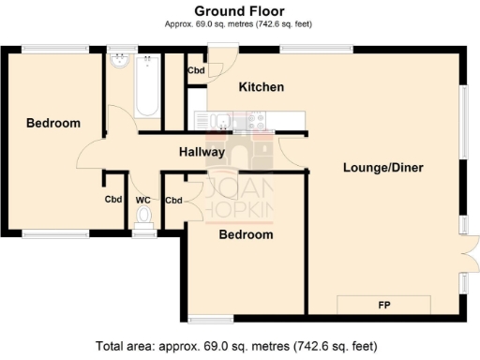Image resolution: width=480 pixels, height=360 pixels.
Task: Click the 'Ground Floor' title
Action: (x=239, y=10)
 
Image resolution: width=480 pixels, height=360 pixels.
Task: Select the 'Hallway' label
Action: (x=202, y=152)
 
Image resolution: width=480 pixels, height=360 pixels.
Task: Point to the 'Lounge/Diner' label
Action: (x=383, y=168)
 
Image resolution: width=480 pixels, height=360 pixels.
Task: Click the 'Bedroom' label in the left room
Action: (x=52, y=123)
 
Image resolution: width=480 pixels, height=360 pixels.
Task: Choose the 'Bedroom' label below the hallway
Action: (x=246, y=234)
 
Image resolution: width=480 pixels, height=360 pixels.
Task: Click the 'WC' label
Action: (x=142, y=200)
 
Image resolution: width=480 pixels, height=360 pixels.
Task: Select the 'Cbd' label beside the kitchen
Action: (x=196, y=70)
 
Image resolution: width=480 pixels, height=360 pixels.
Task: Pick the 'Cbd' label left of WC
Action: (x=112, y=200)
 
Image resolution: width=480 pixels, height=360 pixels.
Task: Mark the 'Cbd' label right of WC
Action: (x=173, y=200)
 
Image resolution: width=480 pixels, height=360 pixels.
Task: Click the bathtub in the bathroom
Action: (x=147, y=87)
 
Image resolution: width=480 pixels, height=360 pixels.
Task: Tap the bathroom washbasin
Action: (x=118, y=62)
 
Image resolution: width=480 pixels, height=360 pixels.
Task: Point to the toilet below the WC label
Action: (x=142, y=217)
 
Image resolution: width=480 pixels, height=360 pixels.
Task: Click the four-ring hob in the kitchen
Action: (x=256, y=120)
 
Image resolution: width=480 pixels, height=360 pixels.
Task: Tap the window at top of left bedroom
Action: (x=49, y=49)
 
